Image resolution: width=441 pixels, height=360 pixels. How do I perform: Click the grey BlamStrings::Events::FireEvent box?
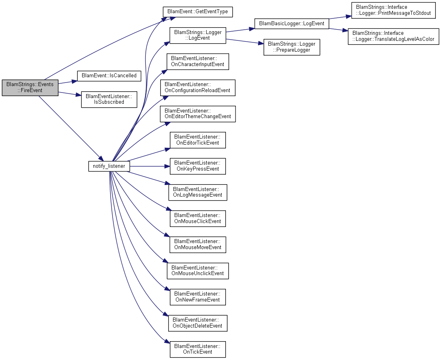[30, 88]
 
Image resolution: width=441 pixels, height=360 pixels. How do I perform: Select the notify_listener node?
[109, 166]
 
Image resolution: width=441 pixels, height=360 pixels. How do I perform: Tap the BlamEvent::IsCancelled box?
[109, 76]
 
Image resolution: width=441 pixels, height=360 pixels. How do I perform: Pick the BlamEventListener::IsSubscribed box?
[109, 99]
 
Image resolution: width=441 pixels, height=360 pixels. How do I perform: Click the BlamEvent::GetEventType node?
[198, 12]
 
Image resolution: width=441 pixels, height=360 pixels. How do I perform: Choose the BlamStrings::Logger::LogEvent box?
[198, 35]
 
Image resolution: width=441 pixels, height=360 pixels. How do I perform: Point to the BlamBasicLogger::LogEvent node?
[292, 24]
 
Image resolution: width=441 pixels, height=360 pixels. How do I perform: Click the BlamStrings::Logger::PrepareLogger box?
[292, 47]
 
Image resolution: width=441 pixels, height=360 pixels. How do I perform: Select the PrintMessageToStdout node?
[393, 10]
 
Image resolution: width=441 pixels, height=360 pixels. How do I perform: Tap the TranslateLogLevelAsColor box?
[393, 36]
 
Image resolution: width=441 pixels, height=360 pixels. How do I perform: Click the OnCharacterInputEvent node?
[198, 62]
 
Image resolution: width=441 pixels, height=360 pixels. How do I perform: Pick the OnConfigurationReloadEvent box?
[198, 88]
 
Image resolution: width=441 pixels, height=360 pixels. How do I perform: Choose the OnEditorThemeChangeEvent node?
[198, 114]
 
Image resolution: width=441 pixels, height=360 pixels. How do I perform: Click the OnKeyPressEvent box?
[198, 166]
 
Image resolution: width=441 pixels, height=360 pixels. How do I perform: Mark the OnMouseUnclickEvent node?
[198, 271]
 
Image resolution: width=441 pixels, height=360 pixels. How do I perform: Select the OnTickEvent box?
[198, 349]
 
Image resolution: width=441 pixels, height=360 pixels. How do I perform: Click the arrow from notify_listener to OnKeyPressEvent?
[150, 166]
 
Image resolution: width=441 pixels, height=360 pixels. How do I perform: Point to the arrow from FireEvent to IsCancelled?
[68, 82]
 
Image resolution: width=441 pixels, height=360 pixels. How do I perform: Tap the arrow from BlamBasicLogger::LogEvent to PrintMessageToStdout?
[340, 18]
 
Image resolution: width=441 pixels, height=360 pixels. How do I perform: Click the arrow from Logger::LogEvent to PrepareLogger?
[245, 41]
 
